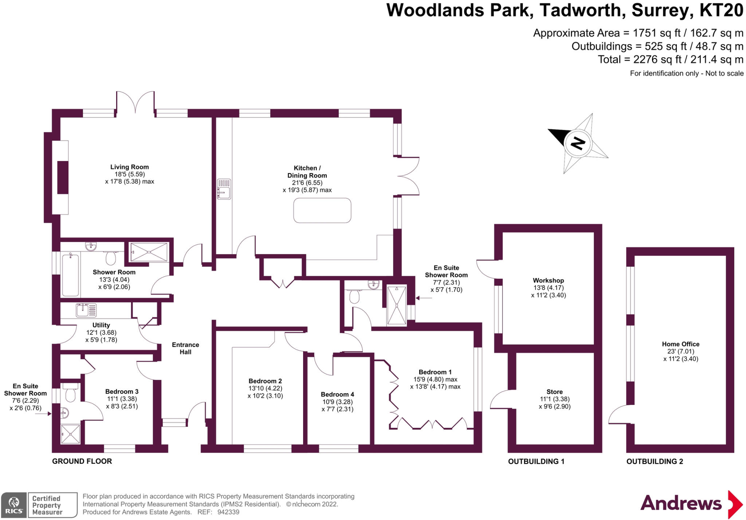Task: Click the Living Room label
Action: [129, 167]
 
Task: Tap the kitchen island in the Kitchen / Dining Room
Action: [322, 210]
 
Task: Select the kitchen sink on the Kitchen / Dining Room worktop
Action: [224, 189]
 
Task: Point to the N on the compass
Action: [578, 143]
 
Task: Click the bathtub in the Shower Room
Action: [70, 275]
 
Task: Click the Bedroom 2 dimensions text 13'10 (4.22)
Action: [265, 388]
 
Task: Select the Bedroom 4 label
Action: [337, 394]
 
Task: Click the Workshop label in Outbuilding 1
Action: [548, 281]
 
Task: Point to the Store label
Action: [554, 392]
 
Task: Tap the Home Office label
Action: [680, 344]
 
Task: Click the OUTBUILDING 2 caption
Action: [655, 461]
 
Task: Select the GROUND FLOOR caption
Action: [82, 461]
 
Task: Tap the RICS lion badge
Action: [14, 505]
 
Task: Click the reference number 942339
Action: [228, 512]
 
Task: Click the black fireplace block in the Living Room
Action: [63, 177]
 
